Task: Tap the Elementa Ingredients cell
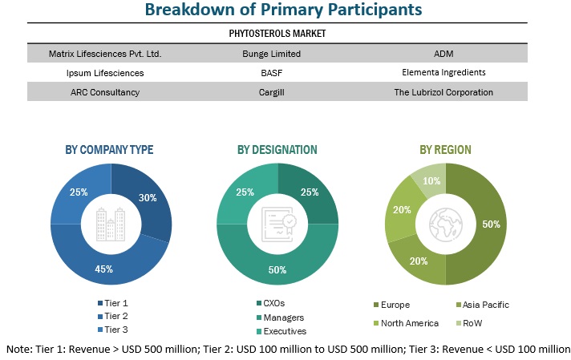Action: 444,72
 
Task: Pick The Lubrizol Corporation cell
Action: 444,91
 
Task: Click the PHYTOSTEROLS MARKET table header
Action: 277,34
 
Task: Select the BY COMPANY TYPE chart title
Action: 109,150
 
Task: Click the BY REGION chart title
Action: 445,150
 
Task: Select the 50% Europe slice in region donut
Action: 489,224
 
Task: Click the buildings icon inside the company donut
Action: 110,224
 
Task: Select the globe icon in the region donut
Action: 445,224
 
